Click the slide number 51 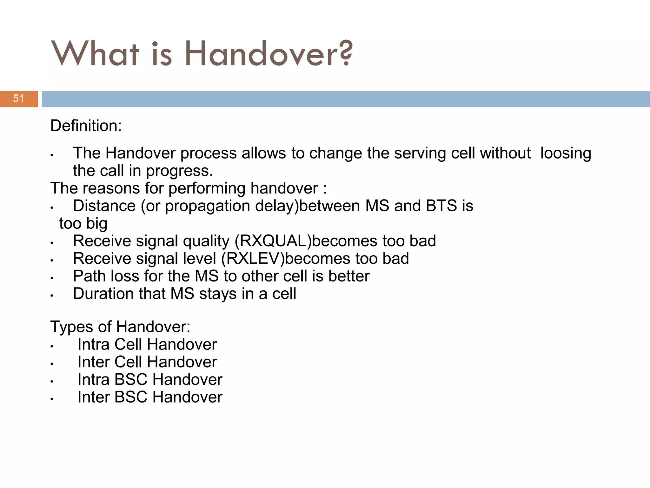click(x=18, y=98)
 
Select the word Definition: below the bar click(x=86, y=126)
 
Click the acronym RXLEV click(x=253, y=259)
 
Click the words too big click(x=83, y=224)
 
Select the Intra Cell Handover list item click(x=147, y=344)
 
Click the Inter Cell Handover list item click(x=147, y=362)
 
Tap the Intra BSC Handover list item click(x=150, y=380)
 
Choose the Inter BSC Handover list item click(x=150, y=397)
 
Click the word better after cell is click(x=349, y=276)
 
